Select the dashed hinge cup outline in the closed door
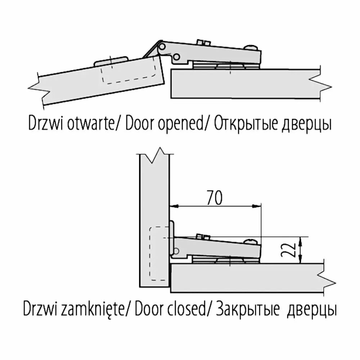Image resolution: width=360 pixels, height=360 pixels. [x=159, y=254]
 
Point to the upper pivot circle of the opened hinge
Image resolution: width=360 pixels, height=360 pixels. [x=162, y=47]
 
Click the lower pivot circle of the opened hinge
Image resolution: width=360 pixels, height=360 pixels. [x=176, y=57]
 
